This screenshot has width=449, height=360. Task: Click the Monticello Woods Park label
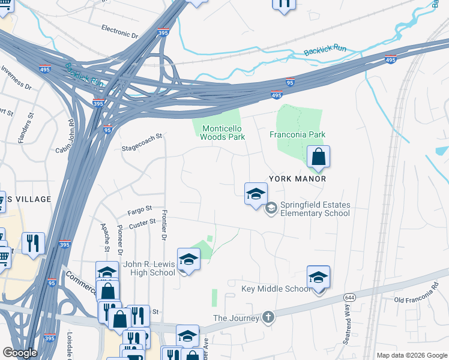[223, 133]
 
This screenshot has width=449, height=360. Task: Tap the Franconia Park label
[297, 134]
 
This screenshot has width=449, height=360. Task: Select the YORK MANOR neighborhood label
[297, 179]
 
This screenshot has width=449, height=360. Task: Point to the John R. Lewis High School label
[149, 268]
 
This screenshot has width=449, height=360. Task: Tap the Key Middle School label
[276, 289]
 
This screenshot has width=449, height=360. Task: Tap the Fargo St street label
[140, 211]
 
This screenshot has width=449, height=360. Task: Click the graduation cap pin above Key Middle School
[318, 277]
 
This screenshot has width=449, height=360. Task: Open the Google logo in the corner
[20, 353]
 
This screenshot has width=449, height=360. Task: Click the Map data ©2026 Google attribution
[411, 355]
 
